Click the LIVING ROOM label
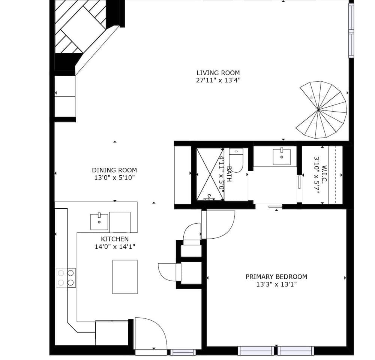pos(218,73)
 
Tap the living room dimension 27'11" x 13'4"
pos(218,80)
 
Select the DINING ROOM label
pos(114,170)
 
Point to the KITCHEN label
pos(115,239)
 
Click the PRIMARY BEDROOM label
pos(276,277)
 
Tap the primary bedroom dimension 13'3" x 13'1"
pos(276,284)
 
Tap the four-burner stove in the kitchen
pos(66,278)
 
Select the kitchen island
pos(125,276)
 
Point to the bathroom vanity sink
pos(281,157)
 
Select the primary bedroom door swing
pos(219,225)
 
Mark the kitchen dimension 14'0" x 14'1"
pos(115,246)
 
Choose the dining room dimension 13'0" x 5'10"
pos(114,178)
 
